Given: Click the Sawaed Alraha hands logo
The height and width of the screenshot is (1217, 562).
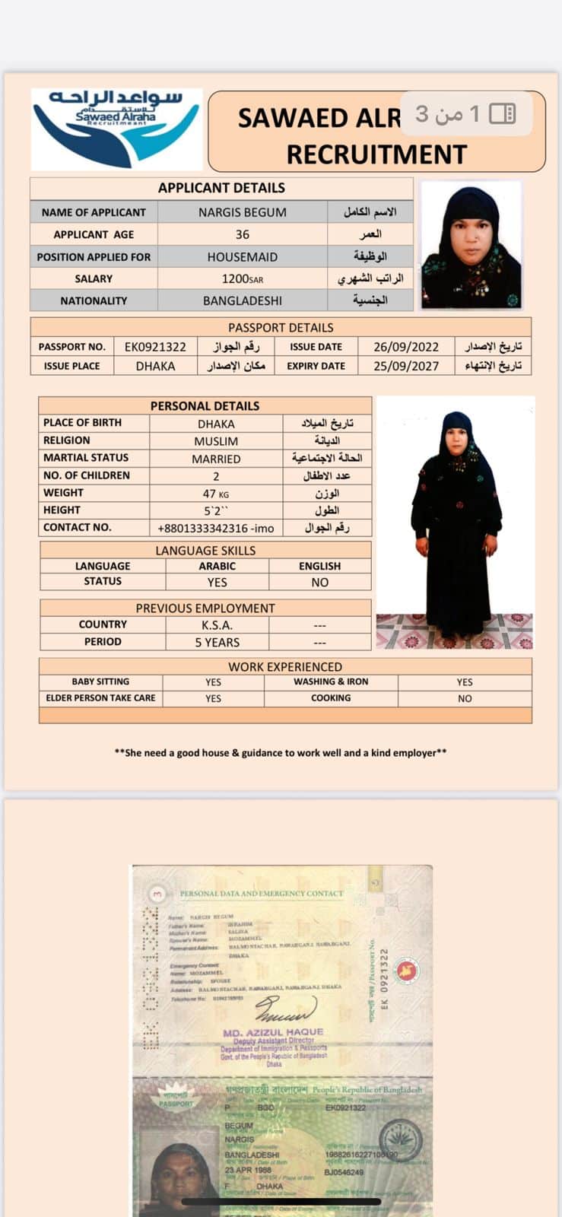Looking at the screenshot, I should coord(116,128).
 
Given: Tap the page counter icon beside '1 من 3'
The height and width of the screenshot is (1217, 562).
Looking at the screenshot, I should coord(502,114).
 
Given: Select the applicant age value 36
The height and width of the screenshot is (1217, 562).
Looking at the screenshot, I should coord(242,234).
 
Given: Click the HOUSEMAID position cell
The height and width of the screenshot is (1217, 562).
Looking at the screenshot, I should coord(242,257).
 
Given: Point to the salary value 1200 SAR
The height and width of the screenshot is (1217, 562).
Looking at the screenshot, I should coord(242,279).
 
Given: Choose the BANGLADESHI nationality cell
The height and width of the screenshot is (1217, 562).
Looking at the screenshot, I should coord(242,300).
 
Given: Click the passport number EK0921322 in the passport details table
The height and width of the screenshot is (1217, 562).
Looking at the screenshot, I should coord(155,347).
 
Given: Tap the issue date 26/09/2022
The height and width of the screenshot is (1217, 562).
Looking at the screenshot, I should coord(405,347).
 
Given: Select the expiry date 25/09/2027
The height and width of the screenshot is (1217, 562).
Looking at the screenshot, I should coord(405,366).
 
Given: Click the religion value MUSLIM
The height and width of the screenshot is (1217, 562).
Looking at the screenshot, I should coord(216,441).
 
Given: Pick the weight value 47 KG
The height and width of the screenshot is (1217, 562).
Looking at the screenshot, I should coord(216,494).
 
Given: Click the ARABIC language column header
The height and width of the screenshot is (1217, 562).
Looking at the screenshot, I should coord(217,566).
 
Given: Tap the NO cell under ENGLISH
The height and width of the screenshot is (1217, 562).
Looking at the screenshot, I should coord(319,582).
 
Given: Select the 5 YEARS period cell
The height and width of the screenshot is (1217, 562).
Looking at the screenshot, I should coord(217,642).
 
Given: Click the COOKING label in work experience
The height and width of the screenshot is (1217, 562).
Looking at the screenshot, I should coord(331,697).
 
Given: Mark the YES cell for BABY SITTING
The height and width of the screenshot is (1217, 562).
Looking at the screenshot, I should coord(213,682).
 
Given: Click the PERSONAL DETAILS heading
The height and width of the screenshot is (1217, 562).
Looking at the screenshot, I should coord(205,406).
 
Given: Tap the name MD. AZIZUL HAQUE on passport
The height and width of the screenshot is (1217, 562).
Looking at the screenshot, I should coord(273,1032).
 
